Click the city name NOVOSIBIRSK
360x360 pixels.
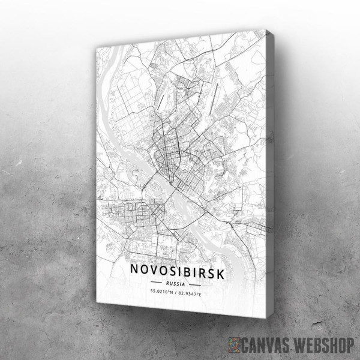click(x=178, y=272)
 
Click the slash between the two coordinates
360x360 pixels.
click(x=178, y=293)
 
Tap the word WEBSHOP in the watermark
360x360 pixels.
click(x=325, y=344)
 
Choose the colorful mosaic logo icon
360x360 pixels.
click(x=236, y=344)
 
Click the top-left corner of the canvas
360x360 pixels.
click(x=95, y=50)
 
